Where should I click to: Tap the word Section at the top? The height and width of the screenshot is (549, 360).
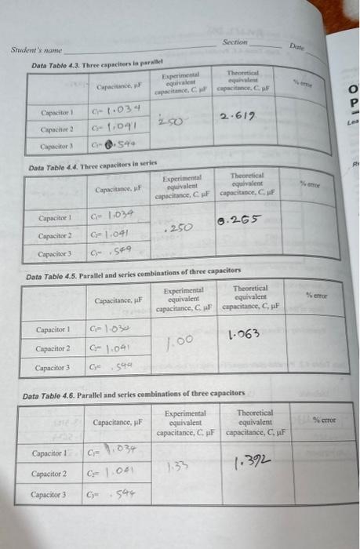click(235, 42)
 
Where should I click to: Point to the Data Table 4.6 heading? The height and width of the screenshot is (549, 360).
click(134, 393)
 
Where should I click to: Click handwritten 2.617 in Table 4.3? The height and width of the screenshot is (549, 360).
click(238, 115)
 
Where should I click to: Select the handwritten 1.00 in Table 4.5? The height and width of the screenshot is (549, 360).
click(181, 340)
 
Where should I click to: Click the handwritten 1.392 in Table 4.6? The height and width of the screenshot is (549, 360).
click(252, 465)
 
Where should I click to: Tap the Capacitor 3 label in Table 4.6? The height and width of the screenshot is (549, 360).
click(49, 495)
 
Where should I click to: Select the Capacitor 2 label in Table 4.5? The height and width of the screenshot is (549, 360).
click(53, 348)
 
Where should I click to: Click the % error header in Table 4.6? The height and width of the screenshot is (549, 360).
click(323, 420)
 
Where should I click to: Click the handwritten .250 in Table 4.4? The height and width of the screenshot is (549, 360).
click(181, 226)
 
